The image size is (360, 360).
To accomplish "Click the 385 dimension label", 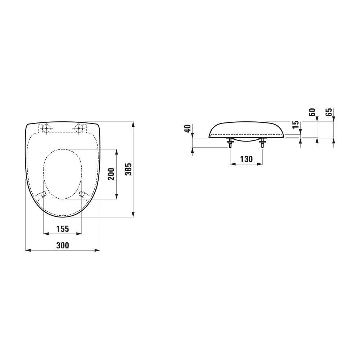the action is pos(129,169).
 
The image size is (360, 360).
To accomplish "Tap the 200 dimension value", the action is pos(111,174).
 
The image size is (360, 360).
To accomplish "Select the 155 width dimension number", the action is pos(63,229).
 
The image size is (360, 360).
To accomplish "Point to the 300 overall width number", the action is pos(63,246).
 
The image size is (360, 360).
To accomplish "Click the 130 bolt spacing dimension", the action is pos(246,159).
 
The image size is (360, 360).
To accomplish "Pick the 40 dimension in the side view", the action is pos(188,129).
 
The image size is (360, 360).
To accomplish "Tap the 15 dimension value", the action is pos(296,124).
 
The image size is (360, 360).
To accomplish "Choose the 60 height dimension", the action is pos(312,112).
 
